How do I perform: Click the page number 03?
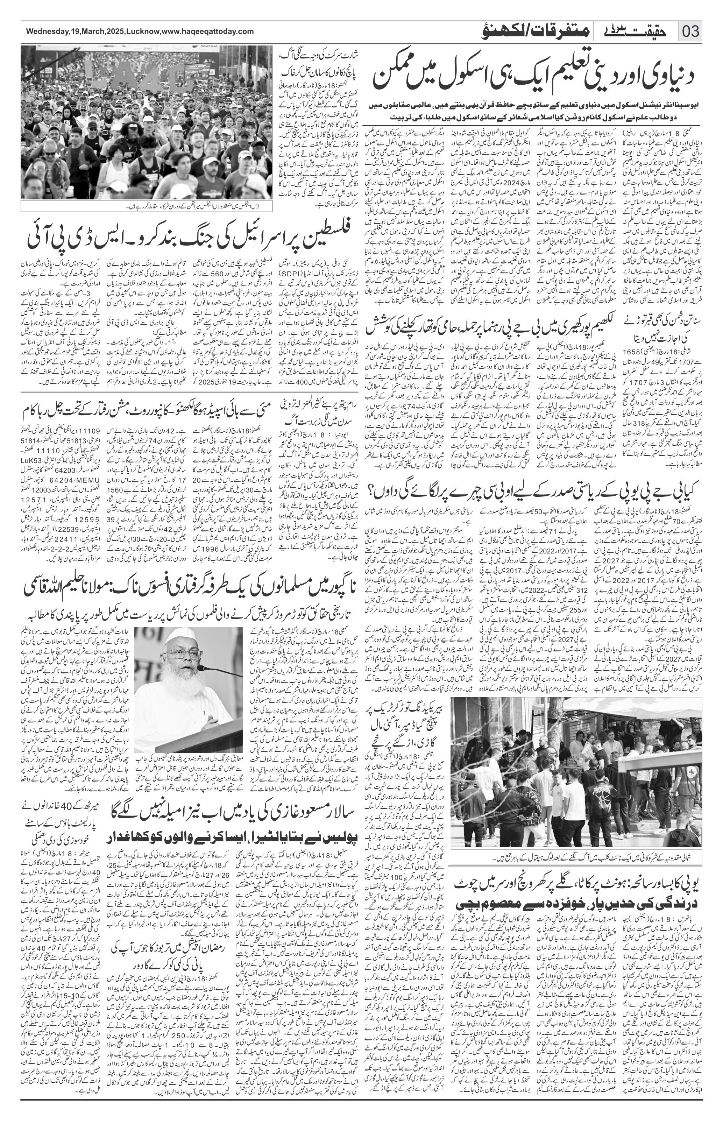tap(690, 32)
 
